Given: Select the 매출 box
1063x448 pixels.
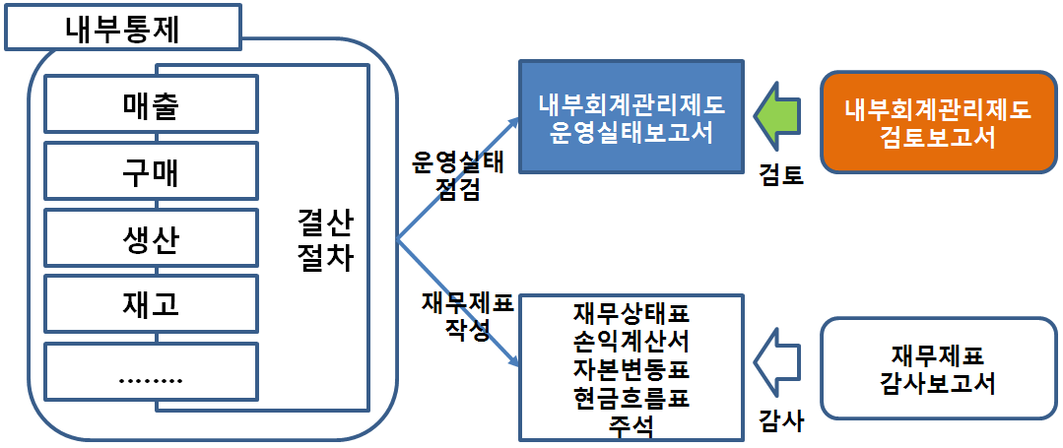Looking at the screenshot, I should click(x=151, y=104).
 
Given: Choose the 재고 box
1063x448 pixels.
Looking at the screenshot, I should click(x=151, y=305).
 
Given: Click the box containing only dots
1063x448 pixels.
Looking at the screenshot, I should click(x=151, y=375).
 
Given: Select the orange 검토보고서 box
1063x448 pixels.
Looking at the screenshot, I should click(x=937, y=123).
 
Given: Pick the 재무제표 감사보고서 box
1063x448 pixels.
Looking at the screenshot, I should click(x=937, y=368).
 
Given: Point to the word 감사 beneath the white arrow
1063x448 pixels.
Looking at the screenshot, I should click(x=781, y=421).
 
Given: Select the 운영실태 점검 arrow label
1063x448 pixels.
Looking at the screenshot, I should click(x=457, y=176).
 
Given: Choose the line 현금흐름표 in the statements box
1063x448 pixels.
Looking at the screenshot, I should click(x=631, y=398).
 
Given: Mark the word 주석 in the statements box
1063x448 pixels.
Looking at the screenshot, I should click(x=631, y=425).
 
